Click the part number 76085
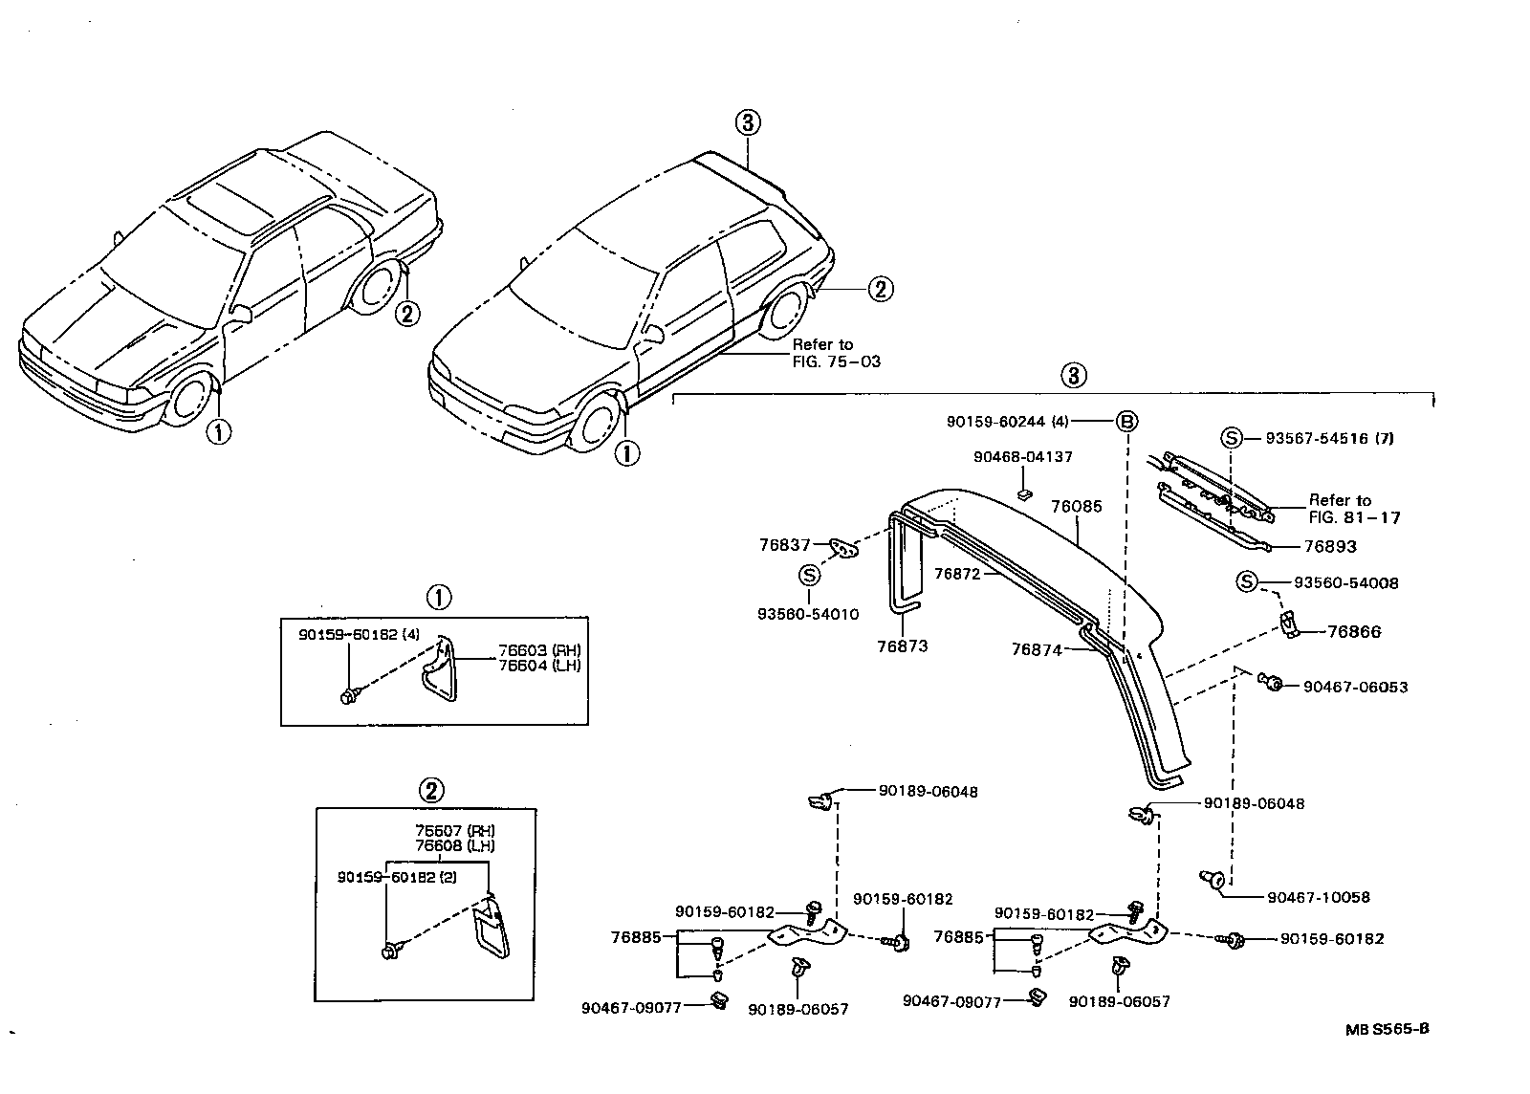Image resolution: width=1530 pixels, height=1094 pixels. [1076, 506]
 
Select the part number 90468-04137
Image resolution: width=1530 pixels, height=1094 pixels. [1022, 457]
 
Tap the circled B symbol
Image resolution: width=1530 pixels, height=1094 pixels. [1126, 422]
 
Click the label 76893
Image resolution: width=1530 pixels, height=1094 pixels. [1330, 546]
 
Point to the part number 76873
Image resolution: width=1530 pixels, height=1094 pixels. [902, 645]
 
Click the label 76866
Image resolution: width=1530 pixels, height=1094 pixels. [1354, 631]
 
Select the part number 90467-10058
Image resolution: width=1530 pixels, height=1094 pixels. [1318, 897]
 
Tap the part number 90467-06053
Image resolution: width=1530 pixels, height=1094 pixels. [1355, 687]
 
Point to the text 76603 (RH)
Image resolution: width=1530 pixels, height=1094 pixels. [539, 650]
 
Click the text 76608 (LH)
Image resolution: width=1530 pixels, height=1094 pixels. [455, 845]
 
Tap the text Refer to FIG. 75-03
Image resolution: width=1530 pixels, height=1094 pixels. [836, 353]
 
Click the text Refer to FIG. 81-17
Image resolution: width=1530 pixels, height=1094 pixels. [1354, 509]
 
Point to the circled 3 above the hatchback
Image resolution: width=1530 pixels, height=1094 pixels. [747, 122]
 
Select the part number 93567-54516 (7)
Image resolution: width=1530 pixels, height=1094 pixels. [1329, 438]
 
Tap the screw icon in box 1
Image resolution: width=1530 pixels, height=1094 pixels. [348, 696]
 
